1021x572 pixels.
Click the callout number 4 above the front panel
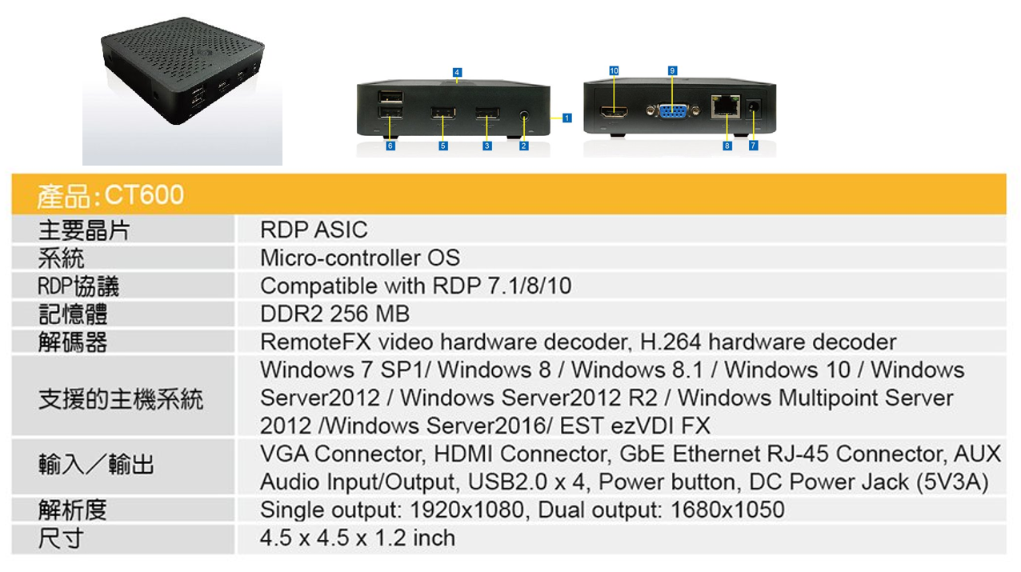coord(456,73)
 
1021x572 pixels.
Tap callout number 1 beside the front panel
coord(567,118)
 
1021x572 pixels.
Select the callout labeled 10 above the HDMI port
coord(614,71)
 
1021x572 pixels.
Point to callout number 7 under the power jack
coord(753,146)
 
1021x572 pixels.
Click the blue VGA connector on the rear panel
coord(672,113)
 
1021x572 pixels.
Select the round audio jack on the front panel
coord(524,114)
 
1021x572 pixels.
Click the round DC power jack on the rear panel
coord(752,106)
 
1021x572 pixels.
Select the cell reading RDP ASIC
coord(314,230)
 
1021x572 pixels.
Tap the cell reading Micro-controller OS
coord(360,258)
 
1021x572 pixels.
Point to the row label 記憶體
coord(73,314)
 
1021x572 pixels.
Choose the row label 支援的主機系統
coord(121,398)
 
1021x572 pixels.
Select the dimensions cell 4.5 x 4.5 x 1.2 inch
coord(358,538)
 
